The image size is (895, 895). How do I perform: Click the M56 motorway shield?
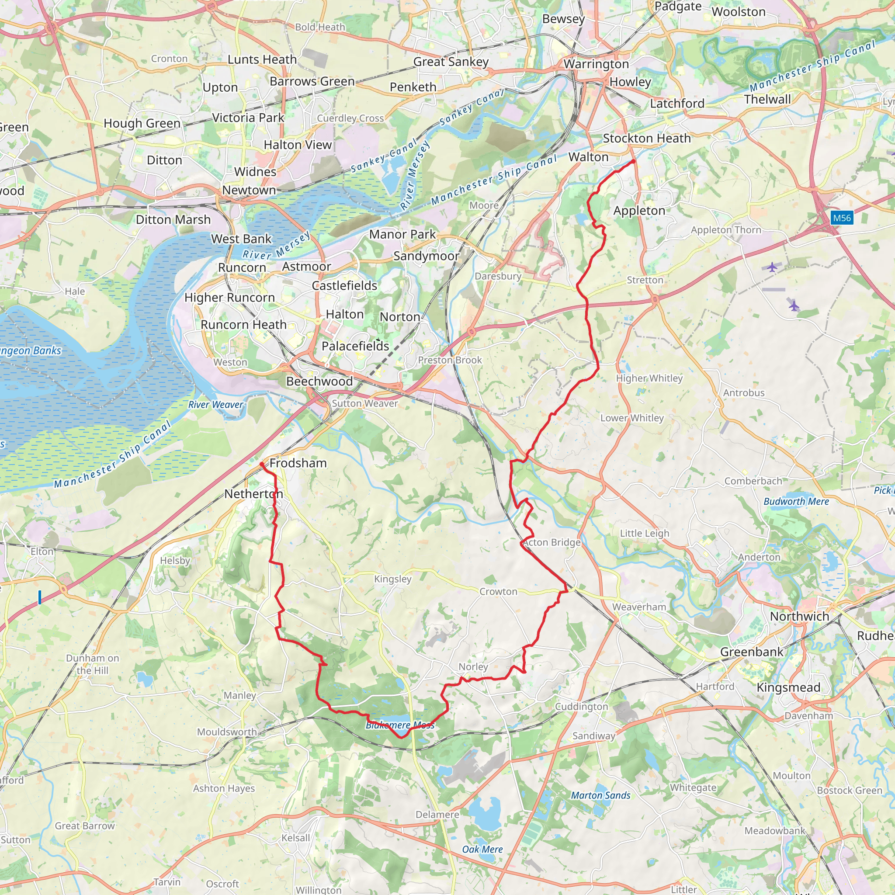coord(842,218)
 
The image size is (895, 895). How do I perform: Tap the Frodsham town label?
coord(298,463)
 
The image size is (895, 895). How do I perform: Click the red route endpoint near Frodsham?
coord(262,464)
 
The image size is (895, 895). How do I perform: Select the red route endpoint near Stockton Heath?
coord(633,161)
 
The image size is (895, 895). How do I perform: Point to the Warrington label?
coord(596,64)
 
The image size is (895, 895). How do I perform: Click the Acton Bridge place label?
coord(552,542)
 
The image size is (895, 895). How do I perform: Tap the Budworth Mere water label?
coord(796,501)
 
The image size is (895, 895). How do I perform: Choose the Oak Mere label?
coord(482,849)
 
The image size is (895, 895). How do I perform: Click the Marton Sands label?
coord(600,795)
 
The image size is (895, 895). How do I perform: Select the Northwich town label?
coord(799,617)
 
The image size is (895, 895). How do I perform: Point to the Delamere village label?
coord(437,815)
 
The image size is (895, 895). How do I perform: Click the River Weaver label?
coord(215,404)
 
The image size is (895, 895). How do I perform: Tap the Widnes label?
coord(255,171)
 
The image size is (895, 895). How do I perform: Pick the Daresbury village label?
coord(498,276)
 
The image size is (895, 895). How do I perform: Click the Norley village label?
coord(473,666)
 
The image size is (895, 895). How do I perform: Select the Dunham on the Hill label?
coord(92,664)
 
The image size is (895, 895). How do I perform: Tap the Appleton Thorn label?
coord(726,230)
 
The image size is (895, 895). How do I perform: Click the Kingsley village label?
coord(392,579)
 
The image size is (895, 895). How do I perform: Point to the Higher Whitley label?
coord(649,378)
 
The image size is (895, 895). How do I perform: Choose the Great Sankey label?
coord(451,62)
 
